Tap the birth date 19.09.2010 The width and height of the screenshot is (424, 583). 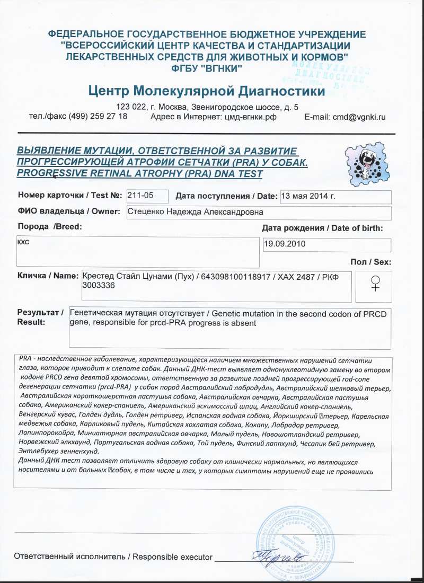(x=285, y=245)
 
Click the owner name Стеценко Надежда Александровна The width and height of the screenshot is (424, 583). (x=196, y=213)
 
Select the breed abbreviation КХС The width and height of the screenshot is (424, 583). (x=24, y=241)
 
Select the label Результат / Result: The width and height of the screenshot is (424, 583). (x=40, y=317)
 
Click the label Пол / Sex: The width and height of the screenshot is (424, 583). (x=371, y=262)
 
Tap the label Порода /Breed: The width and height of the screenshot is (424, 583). (x=50, y=227)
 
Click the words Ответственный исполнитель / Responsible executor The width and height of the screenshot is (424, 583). (x=113, y=557)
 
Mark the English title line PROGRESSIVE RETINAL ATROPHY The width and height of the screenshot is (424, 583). (x=140, y=173)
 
